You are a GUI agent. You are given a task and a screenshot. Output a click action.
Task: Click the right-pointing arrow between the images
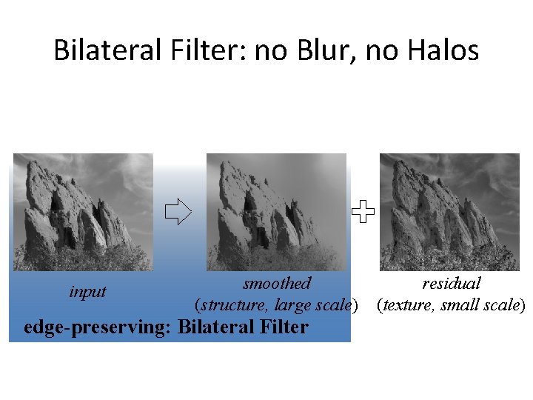coord(178,213)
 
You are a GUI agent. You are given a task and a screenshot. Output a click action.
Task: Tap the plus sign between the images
coord(363,213)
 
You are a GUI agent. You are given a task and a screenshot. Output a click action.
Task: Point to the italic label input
coord(87,292)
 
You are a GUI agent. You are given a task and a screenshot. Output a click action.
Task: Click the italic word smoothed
coord(277,283)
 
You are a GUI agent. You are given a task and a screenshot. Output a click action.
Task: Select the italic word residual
coord(452,283)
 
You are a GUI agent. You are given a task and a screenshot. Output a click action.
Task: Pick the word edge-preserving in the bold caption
coord(97,327)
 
